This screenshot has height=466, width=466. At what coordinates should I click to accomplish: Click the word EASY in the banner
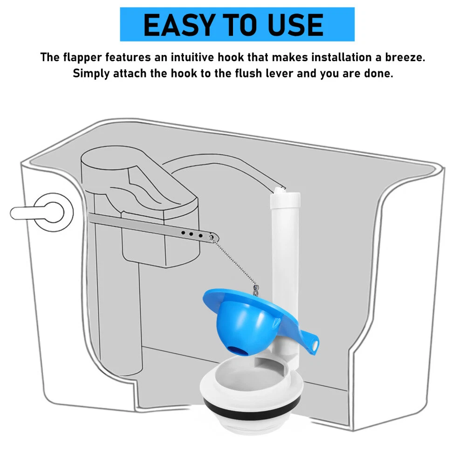point(179,25)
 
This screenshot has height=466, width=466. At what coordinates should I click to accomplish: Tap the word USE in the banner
point(295,25)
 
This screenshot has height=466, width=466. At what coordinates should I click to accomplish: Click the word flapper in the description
point(82,58)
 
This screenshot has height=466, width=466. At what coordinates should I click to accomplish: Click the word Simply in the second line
point(91,74)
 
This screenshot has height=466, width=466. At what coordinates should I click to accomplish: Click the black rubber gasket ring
point(252,408)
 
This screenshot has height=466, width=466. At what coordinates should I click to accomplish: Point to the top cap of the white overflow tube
point(285,199)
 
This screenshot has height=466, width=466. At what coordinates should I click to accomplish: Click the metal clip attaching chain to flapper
point(255,290)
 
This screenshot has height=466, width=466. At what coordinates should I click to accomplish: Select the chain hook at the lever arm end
point(211,238)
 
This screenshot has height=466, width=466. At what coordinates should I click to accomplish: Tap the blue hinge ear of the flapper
point(311,343)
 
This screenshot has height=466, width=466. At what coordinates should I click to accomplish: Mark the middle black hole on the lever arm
point(192,234)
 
